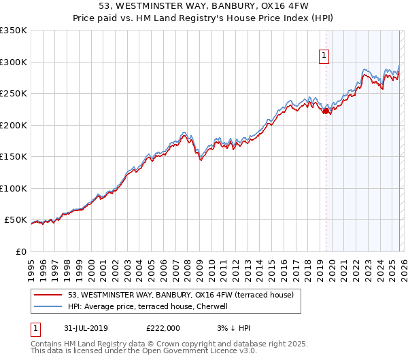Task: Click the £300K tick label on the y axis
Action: [14, 62]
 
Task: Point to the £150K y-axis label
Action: [14, 156]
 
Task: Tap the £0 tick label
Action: [20, 251]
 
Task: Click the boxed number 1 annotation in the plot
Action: [324, 56]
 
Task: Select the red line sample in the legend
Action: [48, 295]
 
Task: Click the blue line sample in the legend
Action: [48, 306]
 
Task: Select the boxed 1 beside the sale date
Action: [36, 327]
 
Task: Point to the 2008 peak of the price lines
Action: [184, 132]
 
